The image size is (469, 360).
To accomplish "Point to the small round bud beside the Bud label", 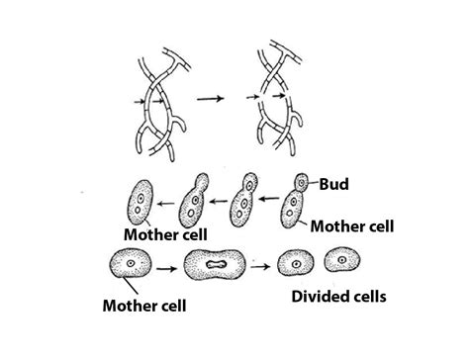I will pos(304,183).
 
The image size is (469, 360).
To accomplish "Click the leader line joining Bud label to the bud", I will pos(315,183).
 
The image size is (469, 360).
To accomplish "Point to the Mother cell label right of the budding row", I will pos(352,226).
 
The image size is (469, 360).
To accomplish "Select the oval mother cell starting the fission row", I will pos(131,264).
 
